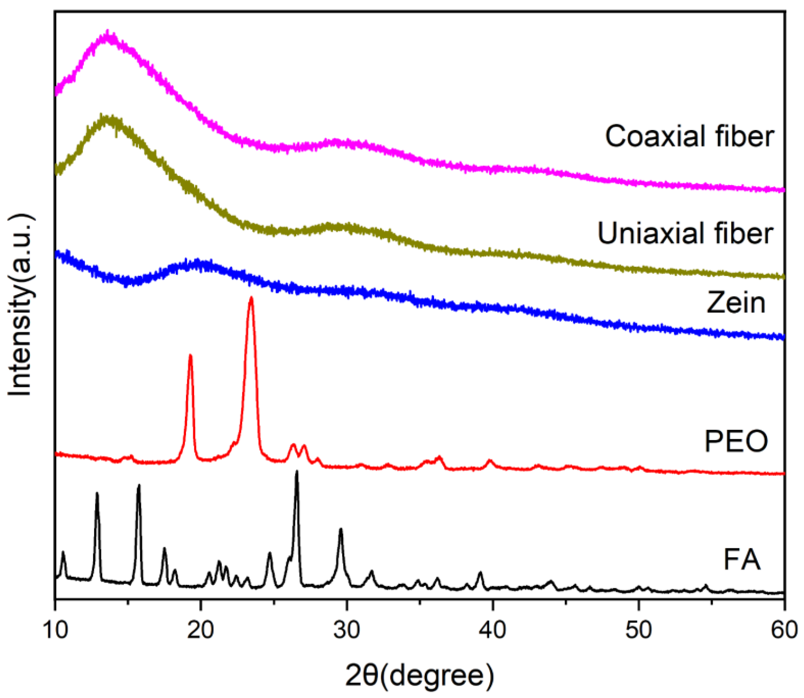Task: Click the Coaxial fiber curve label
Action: (x=689, y=137)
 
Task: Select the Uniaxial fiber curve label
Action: (x=685, y=234)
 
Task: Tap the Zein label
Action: (x=736, y=303)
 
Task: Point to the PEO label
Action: (x=736, y=441)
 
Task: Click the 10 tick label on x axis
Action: (x=55, y=630)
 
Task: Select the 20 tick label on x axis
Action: (x=201, y=630)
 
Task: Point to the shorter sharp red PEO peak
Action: (x=190, y=355)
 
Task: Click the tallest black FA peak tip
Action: (x=297, y=471)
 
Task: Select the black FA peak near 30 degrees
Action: (x=341, y=529)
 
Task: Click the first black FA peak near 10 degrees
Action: (x=63, y=552)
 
